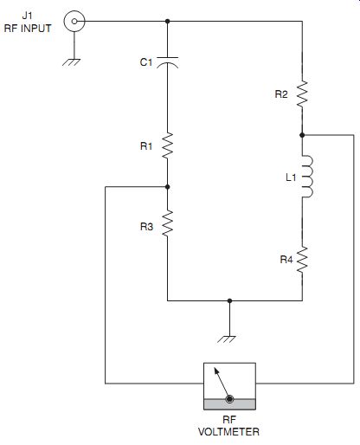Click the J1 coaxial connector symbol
74,21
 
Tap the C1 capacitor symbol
167,62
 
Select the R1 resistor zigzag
167,145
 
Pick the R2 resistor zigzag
302,94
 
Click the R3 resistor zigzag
167,223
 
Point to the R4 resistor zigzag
302,260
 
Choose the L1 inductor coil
306,177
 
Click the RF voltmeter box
229,386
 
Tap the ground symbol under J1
71,62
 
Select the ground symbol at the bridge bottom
227,339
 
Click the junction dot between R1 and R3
167,187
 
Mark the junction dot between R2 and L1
302,135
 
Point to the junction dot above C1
167,21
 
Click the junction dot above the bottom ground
229,300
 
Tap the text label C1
146,62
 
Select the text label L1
291,177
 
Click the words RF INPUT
28,29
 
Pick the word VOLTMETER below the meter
228,432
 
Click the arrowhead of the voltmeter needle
216,371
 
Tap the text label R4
286,260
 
